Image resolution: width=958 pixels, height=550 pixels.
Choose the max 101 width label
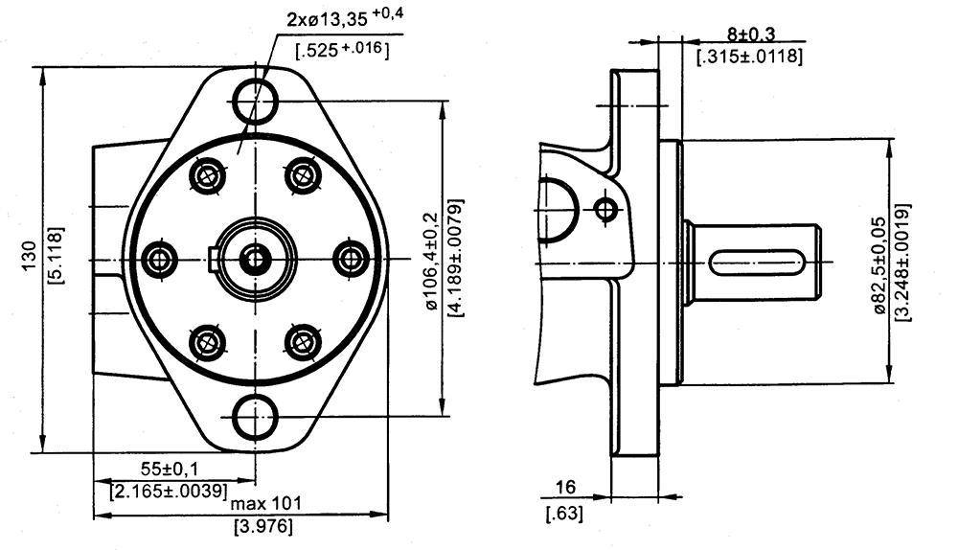263,502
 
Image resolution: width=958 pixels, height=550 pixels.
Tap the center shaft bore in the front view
256,258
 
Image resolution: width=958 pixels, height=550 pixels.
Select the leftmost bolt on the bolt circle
160,258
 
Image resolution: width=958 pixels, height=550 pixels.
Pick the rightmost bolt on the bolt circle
352,258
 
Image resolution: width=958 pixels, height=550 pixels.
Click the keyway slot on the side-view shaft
758,260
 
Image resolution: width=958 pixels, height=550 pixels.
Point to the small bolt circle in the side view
605,207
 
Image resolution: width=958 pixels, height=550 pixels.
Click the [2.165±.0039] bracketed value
169,492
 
